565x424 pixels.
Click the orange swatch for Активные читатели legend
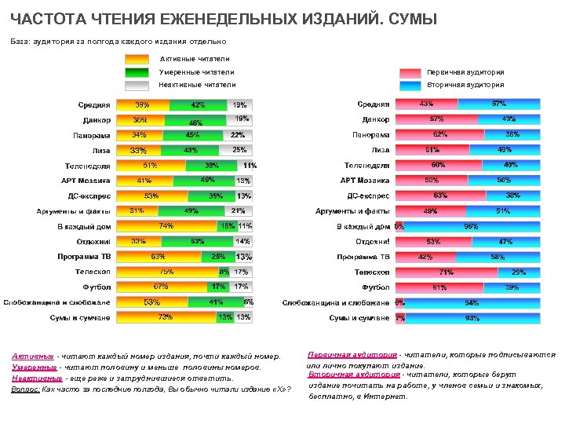pyautogui.click(x=137, y=59)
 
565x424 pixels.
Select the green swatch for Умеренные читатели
pyautogui.click(x=137, y=72)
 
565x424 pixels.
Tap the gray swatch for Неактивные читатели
pyautogui.click(x=137, y=86)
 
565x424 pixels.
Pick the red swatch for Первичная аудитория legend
pyautogui.click(x=410, y=72)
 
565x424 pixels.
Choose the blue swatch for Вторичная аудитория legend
pyautogui.click(x=410, y=86)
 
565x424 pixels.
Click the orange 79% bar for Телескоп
pyautogui.click(x=167, y=272)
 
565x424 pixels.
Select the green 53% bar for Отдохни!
pyautogui.click(x=197, y=242)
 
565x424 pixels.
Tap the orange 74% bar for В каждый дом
pyautogui.click(x=166, y=226)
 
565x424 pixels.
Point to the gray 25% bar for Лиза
pyautogui.click(x=239, y=150)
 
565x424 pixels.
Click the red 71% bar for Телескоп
pyautogui.click(x=447, y=272)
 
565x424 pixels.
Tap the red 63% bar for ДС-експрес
pyautogui.click(x=440, y=196)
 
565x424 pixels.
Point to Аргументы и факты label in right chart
pyautogui.click(x=352, y=211)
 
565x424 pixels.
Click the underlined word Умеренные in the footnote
pyautogui.click(x=33, y=367)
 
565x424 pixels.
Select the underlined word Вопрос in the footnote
pyautogui.click(x=27, y=389)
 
